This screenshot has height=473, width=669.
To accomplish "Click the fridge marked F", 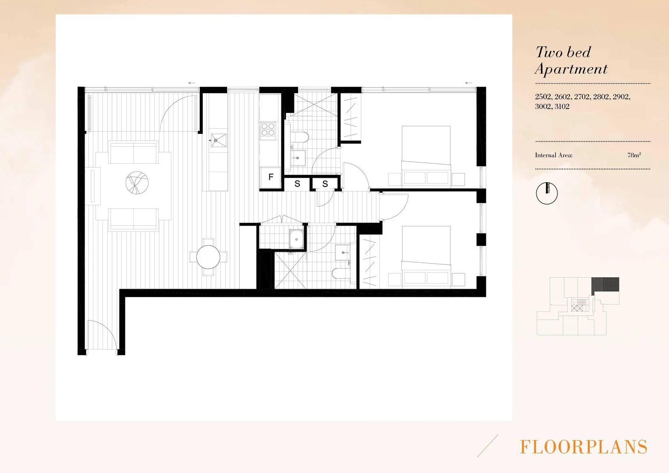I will click(x=271, y=177).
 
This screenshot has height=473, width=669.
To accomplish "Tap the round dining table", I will click(x=208, y=257).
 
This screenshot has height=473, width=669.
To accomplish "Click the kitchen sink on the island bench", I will click(x=218, y=140).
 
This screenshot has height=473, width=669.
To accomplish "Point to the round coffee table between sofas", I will click(x=137, y=183).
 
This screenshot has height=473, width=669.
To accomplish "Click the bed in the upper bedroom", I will click(x=426, y=155).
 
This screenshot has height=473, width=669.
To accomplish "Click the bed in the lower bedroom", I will click(x=426, y=256).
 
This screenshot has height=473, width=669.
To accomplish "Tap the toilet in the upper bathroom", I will click(x=300, y=137).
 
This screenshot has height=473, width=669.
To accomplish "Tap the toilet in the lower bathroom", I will click(x=341, y=274).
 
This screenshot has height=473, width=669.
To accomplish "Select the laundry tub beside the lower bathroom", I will click(x=297, y=239).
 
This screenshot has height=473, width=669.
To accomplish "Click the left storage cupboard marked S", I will click(x=297, y=184).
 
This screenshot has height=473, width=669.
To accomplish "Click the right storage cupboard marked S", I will click(x=325, y=184).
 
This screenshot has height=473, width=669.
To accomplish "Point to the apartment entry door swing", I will click(x=102, y=335).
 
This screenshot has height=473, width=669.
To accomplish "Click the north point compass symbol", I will click(x=547, y=193).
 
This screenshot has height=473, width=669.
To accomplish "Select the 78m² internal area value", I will click(x=634, y=155).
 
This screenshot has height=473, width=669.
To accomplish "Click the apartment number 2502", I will click(x=543, y=97).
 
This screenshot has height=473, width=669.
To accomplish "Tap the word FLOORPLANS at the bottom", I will click(x=583, y=447).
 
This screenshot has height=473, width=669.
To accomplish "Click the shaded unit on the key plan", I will click(x=605, y=286).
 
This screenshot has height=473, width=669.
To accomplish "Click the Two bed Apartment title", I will click(x=571, y=60).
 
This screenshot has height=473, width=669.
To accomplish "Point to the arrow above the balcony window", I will click(x=192, y=83).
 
